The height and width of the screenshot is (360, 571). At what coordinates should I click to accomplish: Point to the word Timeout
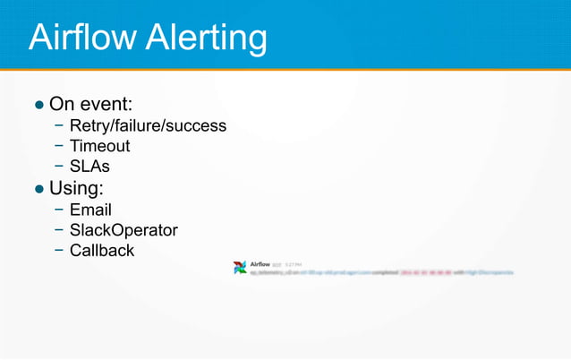[x=99, y=146]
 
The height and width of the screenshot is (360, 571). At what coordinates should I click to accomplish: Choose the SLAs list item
[x=89, y=166]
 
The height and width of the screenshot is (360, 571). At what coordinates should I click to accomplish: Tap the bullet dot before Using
[x=39, y=189]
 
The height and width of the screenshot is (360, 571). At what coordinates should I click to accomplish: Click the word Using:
[x=76, y=189]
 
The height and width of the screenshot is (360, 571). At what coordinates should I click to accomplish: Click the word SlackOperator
[x=124, y=230]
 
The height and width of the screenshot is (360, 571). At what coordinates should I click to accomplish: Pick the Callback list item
[x=102, y=250]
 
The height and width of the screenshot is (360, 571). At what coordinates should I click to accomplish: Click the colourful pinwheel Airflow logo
[x=240, y=268]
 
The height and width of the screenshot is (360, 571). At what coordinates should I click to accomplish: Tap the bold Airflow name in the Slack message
[x=260, y=263]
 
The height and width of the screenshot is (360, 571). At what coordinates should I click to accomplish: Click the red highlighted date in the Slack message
[x=425, y=273]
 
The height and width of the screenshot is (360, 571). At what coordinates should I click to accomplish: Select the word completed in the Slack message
[x=383, y=273]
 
